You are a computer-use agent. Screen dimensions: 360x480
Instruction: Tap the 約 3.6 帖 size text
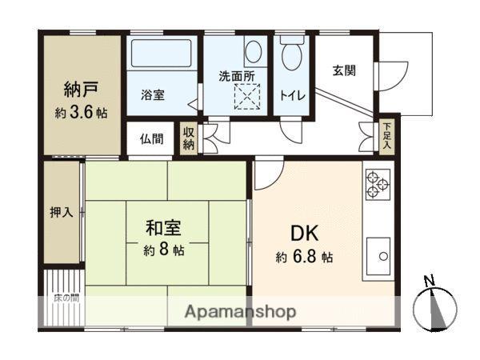pyautogui.click(x=80, y=112)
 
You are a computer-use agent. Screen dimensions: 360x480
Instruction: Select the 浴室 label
pyautogui.click(x=154, y=94)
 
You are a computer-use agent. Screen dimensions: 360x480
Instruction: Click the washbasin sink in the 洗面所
pyautogui.click(x=254, y=53)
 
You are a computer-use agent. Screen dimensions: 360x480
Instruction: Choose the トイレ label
pyautogui.click(x=291, y=94)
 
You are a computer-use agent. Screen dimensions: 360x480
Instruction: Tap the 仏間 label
pyautogui.click(x=152, y=139)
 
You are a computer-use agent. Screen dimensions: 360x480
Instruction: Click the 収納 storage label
pyautogui.click(x=189, y=139)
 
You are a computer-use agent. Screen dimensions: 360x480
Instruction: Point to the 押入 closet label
pyautogui.click(x=61, y=213)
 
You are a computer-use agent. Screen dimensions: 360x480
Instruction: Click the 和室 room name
pyautogui.click(x=162, y=228)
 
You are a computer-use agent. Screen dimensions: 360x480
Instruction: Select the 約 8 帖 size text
pyautogui.click(x=164, y=250)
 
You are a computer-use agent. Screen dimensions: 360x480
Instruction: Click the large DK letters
pyautogui.click(x=305, y=233)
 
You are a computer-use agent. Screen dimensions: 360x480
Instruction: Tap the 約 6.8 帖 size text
pyautogui.click(x=305, y=258)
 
